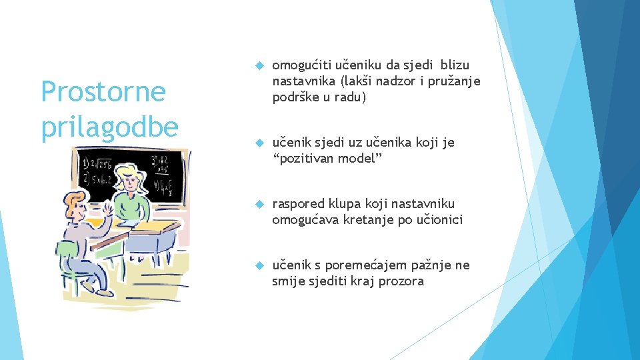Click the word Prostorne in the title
[103, 91]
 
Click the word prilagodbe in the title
[109, 127]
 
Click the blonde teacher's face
[130, 179]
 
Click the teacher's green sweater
[131, 206]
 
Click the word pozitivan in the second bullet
[308, 159]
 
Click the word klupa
[344, 204]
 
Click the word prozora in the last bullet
[401, 281]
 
